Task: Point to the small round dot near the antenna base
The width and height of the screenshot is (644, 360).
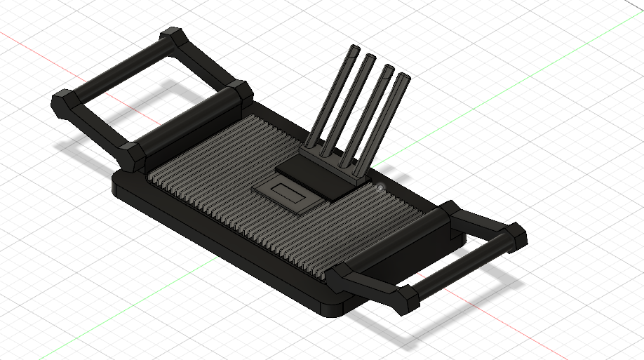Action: pyautogui.click(x=380, y=187)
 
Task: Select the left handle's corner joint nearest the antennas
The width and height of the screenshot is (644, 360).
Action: pyautogui.click(x=239, y=93)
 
